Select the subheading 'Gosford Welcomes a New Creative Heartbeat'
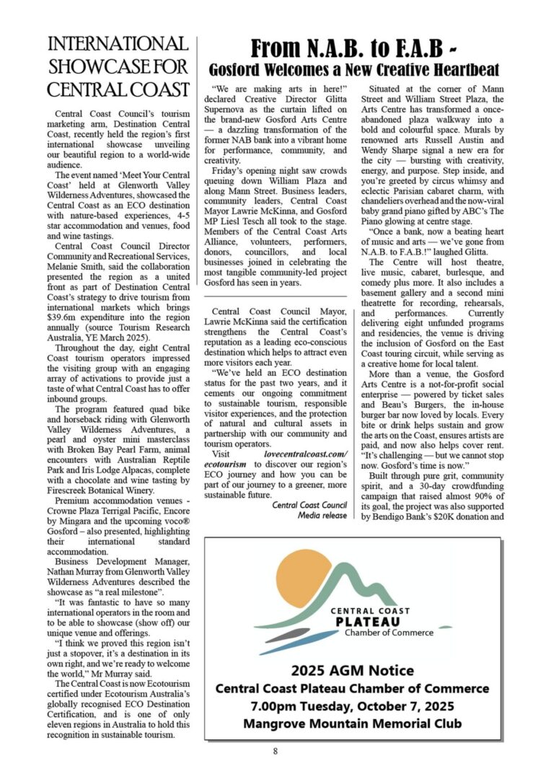pyautogui.click(x=353, y=70)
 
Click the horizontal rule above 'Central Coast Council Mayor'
pyautogui.click(x=275, y=296)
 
